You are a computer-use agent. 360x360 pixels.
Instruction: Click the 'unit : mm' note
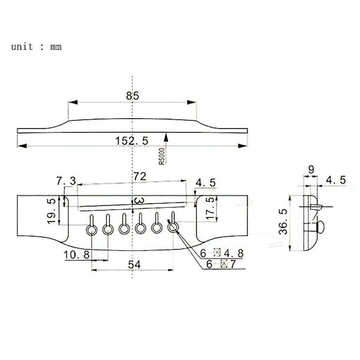point(36,47)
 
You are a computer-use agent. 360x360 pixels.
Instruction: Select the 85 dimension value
point(133,96)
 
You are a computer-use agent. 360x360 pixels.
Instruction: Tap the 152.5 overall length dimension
point(132,141)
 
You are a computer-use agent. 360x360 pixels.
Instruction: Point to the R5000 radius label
point(162,156)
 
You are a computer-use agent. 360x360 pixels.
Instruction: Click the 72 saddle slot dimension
point(140,176)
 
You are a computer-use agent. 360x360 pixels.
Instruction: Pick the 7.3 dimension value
point(66,181)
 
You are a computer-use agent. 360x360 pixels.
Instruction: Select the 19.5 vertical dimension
point(52,211)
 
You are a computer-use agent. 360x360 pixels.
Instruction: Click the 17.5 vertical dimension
point(210,208)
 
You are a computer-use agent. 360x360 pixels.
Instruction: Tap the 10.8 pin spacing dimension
point(76,254)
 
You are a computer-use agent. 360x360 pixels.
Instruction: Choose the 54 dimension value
point(134,265)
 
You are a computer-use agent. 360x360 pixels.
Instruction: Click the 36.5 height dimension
point(283,221)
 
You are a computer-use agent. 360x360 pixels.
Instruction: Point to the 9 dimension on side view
point(311,170)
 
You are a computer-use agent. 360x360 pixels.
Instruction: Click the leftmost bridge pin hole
point(92,230)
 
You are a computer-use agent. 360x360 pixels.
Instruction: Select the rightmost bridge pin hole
point(173,227)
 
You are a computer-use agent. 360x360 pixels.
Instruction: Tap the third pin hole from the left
point(124,229)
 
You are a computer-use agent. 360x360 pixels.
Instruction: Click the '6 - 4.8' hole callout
point(221,253)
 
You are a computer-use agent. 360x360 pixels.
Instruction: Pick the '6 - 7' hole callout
point(221,264)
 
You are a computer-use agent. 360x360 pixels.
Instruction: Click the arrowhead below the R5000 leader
point(166,138)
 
